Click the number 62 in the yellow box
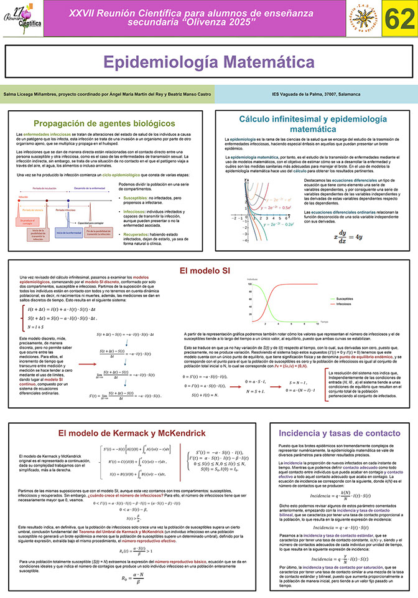pos(396,20)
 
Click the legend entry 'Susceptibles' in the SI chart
pos(347,300)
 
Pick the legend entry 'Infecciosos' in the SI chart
pos(346,304)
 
